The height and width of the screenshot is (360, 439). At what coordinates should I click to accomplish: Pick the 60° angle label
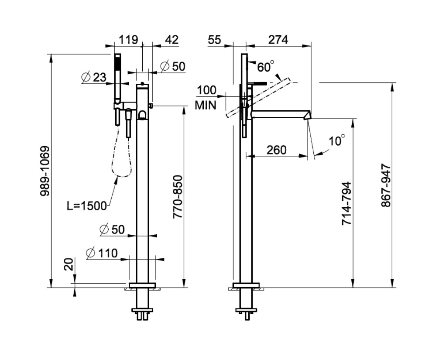pos(266,67)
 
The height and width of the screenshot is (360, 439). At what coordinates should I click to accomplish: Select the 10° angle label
pos(336,141)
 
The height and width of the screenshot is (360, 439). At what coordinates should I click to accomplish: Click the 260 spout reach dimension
pos(276,150)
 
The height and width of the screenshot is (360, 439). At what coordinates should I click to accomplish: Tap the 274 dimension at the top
pos(278,40)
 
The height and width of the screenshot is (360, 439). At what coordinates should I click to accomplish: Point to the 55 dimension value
pos(215,40)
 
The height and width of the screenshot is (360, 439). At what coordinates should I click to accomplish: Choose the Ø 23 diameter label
pos(94,77)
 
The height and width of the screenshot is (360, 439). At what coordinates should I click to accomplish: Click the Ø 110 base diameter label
pos(102,253)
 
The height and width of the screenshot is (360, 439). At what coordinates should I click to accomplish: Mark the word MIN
pos(206,105)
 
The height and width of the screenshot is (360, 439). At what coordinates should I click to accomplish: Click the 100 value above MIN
pos(206,91)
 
